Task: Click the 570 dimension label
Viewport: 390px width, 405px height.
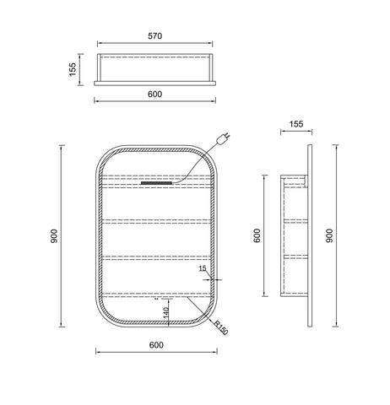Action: tap(155, 36)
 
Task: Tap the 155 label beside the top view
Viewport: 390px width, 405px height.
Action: tap(73, 69)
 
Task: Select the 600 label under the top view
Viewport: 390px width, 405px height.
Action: tap(154, 94)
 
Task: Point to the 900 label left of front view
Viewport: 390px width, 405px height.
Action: tap(54, 236)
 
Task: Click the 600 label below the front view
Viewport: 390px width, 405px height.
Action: tap(156, 345)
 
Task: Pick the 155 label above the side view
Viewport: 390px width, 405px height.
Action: tap(296, 124)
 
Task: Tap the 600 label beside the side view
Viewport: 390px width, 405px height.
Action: tap(257, 235)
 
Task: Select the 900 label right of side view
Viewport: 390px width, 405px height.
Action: tap(329, 235)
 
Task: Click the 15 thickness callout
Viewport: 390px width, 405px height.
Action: tap(203, 268)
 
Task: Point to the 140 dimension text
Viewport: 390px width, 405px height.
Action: tap(165, 313)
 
